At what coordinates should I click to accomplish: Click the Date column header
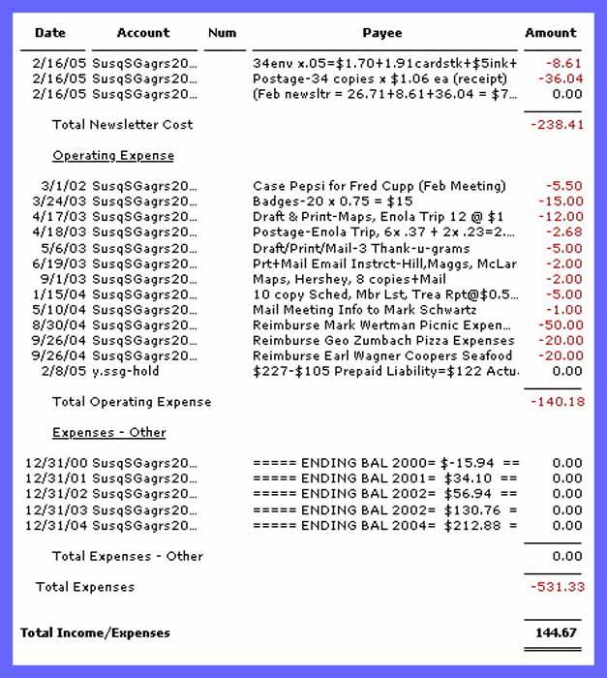[50, 33]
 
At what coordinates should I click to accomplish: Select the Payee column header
[382, 33]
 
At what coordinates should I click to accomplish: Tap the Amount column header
[551, 33]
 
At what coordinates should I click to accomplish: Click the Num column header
[222, 33]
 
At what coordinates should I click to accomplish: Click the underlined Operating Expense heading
[113, 156]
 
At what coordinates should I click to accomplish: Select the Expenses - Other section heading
[109, 433]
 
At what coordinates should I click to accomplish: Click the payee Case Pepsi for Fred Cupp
[379, 186]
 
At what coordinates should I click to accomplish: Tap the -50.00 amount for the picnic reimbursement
[562, 325]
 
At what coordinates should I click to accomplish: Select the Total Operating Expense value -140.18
[557, 402]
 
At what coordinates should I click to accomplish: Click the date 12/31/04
[55, 526]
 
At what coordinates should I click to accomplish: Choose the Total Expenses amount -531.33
[557, 587]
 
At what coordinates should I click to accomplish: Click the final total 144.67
[557, 633]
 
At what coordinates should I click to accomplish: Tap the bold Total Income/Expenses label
[95, 633]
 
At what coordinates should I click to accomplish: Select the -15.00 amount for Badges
[562, 201]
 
